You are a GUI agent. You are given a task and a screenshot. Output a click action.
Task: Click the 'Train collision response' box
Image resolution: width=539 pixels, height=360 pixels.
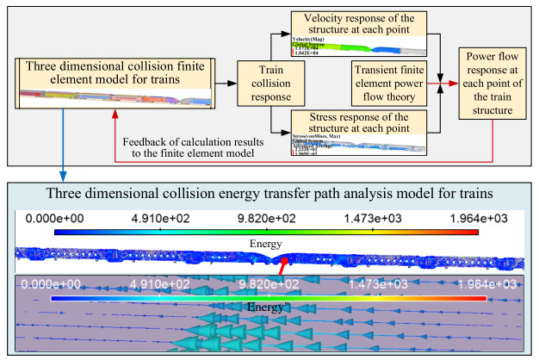point(263,84)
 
